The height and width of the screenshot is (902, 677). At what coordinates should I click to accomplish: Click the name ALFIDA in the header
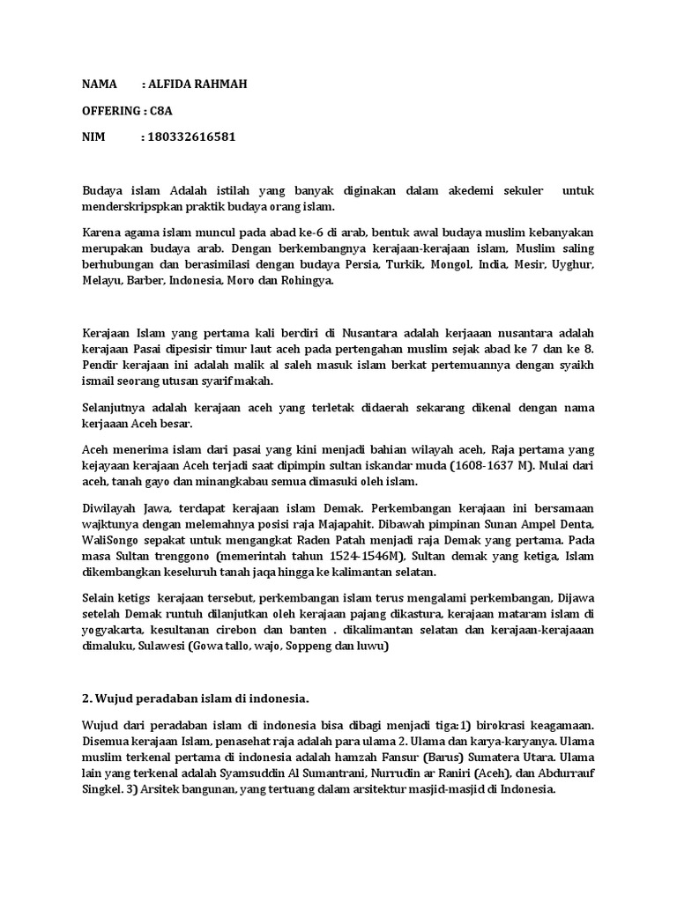tap(173, 84)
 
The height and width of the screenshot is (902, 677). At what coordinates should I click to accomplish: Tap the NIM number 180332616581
tap(193, 137)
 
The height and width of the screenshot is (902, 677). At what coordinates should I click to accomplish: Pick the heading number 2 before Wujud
tap(86, 699)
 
